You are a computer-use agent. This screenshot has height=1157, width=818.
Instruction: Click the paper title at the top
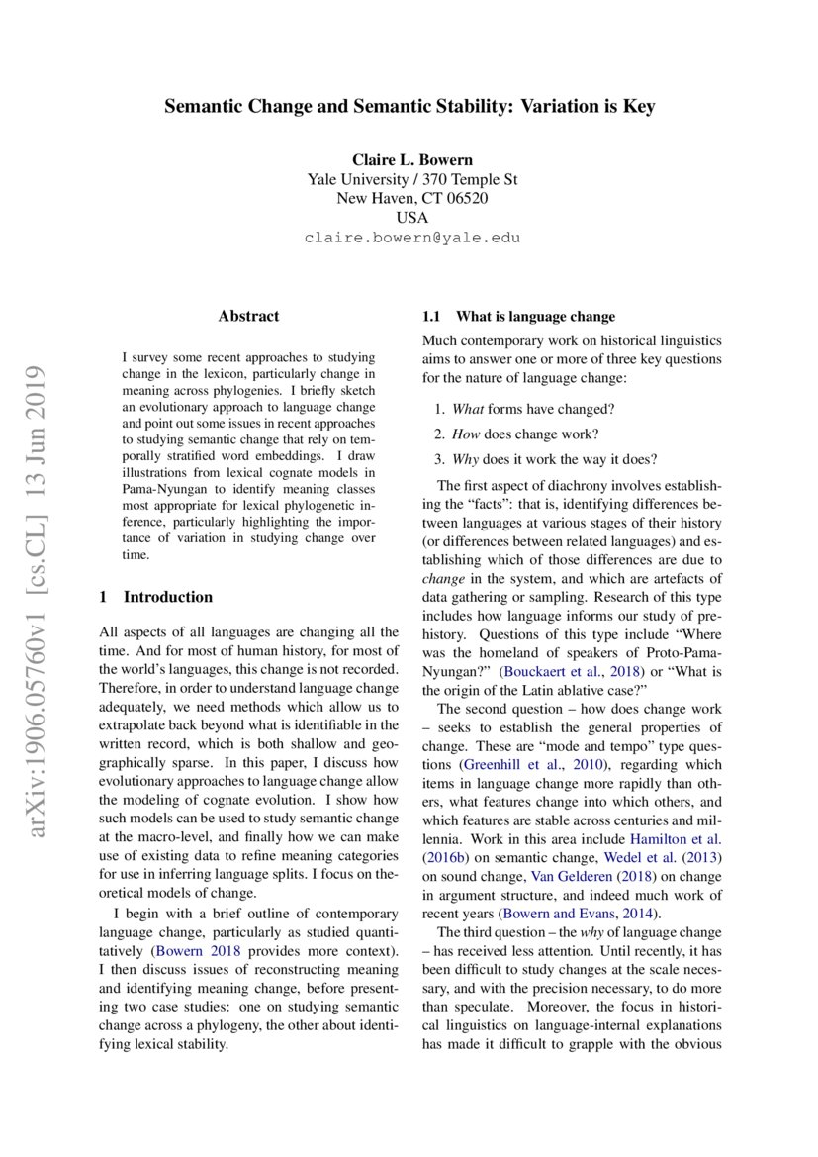point(409,107)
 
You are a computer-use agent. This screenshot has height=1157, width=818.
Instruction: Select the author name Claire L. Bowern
point(411,160)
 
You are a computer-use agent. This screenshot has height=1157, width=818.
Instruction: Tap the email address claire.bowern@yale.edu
point(411,238)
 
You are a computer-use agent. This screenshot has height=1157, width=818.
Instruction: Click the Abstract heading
point(248,316)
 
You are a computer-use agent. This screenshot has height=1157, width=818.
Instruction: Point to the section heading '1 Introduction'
point(156,597)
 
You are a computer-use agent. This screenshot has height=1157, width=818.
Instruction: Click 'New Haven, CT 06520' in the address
point(411,198)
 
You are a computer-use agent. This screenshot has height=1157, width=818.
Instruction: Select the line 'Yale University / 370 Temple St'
point(411,179)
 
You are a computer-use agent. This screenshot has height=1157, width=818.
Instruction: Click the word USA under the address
point(411,218)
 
